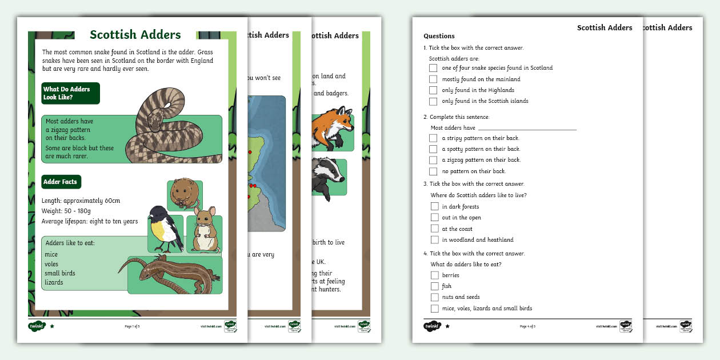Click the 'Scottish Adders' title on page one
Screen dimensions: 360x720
[135, 35]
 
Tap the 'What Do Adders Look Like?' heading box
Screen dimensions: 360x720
[71, 93]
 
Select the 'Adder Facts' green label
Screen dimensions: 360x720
[61, 182]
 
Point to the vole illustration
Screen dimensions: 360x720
[185, 194]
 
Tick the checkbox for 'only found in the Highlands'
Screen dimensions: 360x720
[433, 90]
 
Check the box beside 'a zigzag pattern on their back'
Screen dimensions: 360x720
[433, 160]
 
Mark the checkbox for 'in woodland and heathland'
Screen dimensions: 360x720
[435, 240]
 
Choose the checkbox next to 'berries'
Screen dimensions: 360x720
[435, 275]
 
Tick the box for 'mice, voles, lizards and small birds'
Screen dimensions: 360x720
[435, 309]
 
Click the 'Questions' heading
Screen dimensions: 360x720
[439, 36]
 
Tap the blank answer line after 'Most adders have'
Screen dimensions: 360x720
[527, 128]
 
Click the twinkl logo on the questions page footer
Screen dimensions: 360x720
[432, 326]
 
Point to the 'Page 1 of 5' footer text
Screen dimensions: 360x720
[132, 326]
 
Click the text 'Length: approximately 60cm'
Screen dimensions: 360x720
[81, 201]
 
